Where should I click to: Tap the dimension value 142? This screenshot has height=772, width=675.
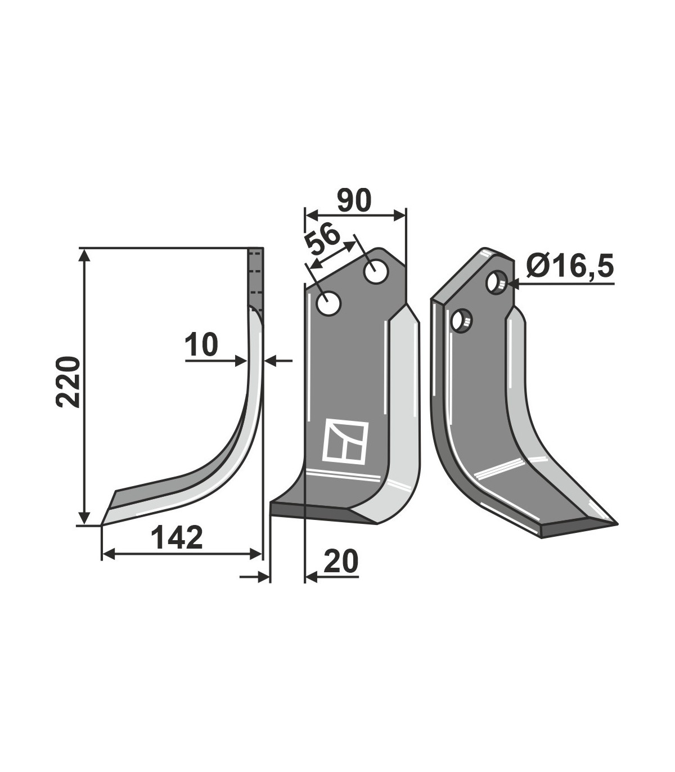(177, 538)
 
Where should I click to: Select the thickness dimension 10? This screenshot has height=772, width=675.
(202, 345)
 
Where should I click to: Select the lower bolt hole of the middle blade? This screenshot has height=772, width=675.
(329, 303)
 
